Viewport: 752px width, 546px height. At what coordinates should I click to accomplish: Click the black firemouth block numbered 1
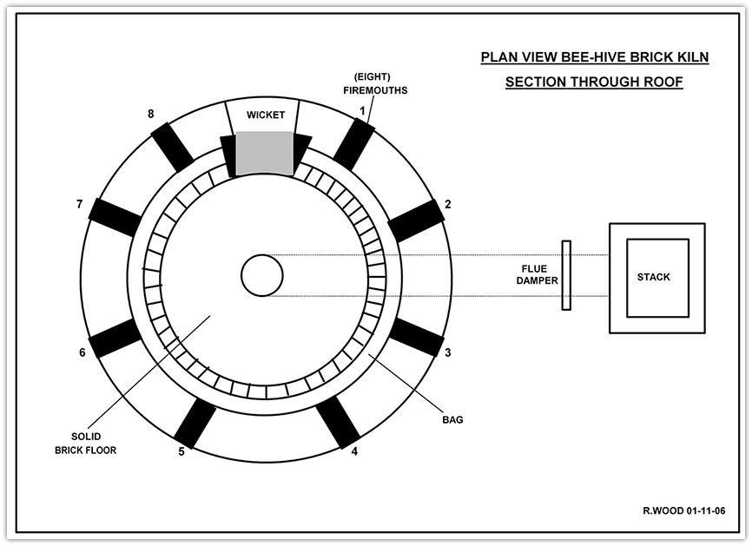[353, 144]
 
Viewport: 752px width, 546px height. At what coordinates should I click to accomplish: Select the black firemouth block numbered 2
[416, 221]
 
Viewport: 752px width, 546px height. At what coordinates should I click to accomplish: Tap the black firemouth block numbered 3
[416, 337]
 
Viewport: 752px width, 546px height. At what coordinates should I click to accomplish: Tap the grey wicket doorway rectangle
[264, 153]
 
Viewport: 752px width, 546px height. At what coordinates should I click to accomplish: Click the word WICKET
[266, 115]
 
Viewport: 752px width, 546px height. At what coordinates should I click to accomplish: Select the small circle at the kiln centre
[262, 276]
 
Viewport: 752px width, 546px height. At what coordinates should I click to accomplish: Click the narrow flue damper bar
[566, 275]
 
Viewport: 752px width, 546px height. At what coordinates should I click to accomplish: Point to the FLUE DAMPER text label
[538, 274]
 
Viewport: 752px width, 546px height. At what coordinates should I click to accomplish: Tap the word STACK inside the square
[654, 277]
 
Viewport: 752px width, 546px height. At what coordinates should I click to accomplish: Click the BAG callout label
[452, 420]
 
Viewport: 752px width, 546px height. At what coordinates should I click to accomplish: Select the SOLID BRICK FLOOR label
[86, 444]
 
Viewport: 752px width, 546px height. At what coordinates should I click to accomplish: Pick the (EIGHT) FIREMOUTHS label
[375, 83]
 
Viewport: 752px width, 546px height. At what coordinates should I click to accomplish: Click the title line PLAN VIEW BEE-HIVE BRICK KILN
[595, 57]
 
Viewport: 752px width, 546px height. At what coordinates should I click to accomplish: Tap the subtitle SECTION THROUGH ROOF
[594, 82]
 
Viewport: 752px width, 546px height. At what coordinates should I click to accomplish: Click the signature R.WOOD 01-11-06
[684, 510]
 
